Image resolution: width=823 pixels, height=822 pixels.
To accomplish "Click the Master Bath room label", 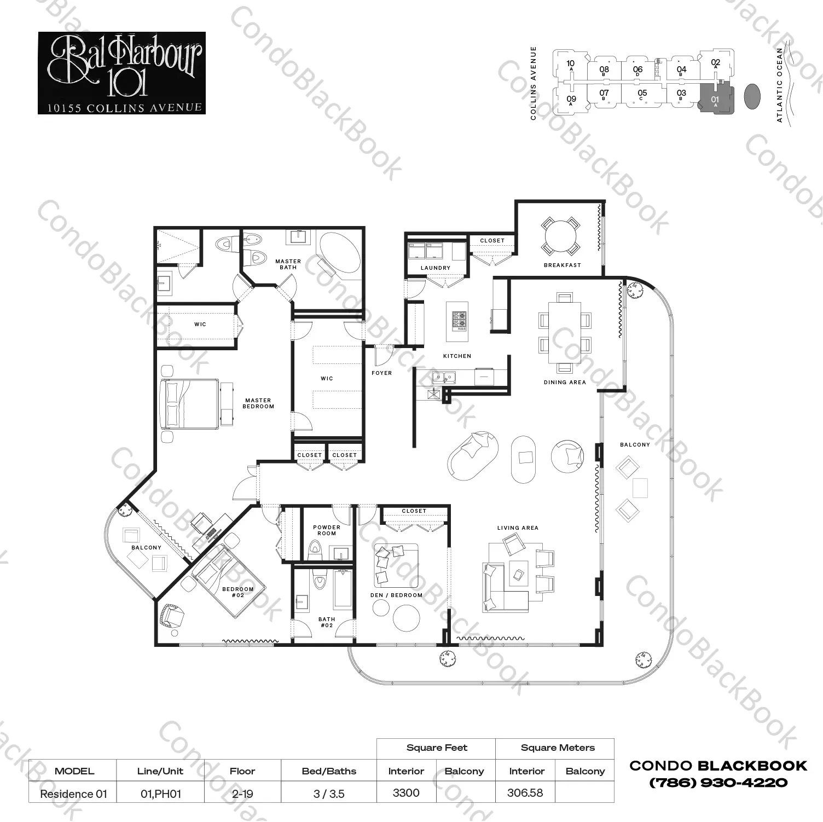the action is tap(288, 264).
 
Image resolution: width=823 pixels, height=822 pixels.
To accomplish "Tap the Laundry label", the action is tap(436, 268).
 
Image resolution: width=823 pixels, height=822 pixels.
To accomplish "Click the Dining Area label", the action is tap(565, 383).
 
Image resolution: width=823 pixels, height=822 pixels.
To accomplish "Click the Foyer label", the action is tap(381, 373).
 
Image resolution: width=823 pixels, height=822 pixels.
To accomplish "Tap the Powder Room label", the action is tap(327, 530).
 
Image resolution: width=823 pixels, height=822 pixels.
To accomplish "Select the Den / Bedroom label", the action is tap(396, 595).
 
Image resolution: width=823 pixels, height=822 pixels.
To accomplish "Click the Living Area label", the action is tap(518, 528).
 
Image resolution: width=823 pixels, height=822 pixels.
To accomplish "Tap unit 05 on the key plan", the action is tap(642, 95).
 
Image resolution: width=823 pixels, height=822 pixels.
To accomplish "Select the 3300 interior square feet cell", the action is tap(406, 793).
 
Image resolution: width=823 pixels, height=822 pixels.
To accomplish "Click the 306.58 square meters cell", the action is tap(525, 793).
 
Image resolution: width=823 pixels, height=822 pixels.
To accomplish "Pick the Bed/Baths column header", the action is tap(329, 771).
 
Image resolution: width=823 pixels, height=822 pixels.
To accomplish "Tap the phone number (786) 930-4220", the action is tap(718, 783).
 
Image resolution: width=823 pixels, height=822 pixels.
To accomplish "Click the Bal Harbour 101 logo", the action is tap(121, 73).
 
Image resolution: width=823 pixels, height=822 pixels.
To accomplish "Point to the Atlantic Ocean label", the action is tap(780, 85).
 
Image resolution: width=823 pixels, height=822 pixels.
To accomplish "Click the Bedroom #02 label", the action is tap(238, 592).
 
